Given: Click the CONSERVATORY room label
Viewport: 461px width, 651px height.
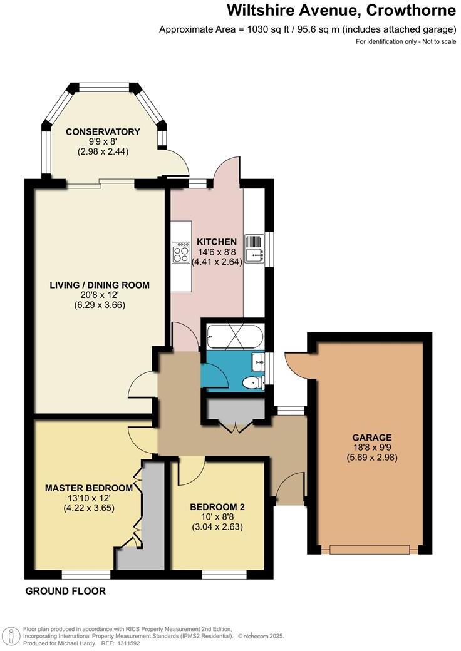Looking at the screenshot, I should (103, 131).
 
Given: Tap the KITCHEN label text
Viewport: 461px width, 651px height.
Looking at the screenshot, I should (217, 242).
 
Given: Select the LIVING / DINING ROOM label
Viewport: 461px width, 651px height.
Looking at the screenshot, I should (100, 285).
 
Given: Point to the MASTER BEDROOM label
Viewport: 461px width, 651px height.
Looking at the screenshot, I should (88, 488).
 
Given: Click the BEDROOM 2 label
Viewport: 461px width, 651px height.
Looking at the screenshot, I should (217, 506).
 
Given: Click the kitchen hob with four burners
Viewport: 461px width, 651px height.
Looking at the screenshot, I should (181, 253).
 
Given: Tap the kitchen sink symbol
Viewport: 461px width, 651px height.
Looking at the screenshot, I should (254, 254).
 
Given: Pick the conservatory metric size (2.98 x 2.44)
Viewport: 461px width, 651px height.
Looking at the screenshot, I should (103, 151).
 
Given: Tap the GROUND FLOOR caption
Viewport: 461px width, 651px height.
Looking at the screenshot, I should (65, 591).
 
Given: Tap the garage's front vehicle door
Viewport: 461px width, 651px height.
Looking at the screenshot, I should (370, 550).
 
